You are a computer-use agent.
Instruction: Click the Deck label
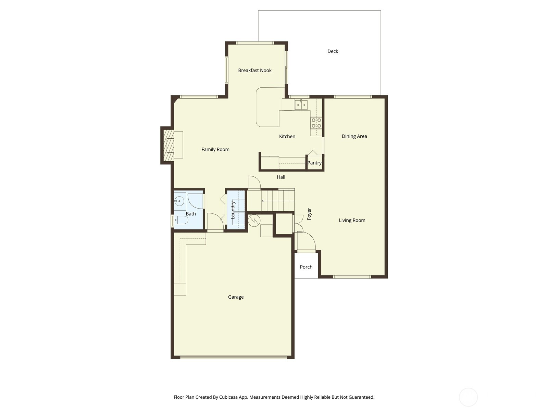333,51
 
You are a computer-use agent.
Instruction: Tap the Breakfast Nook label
255,70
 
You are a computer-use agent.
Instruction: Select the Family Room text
215,149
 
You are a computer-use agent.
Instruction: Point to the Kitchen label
287,136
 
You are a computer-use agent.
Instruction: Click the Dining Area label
354,136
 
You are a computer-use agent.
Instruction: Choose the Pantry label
314,163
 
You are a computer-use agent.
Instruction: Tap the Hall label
281,177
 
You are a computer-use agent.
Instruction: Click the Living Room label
352,220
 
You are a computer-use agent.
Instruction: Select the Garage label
236,297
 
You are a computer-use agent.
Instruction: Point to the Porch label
306,267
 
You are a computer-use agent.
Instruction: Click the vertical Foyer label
309,214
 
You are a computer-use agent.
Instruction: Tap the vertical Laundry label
233,210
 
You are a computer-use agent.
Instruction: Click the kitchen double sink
301,105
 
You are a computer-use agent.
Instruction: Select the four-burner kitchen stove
316,123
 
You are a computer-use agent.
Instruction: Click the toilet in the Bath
180,220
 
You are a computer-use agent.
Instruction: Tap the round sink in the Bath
179,201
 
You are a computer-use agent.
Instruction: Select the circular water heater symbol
254,221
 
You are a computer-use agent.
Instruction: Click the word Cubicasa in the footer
228,397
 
